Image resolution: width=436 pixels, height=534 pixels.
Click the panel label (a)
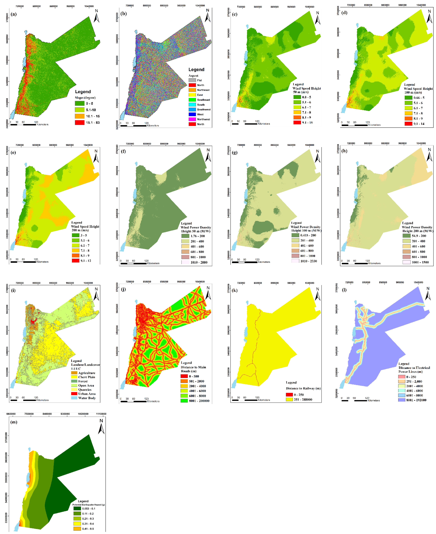pyautogui.click(x=14, y=14)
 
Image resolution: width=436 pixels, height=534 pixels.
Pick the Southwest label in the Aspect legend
pyautogui.click(x=204, y=109)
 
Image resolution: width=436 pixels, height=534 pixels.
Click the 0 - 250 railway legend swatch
pyautogui.click(x=289, y=395)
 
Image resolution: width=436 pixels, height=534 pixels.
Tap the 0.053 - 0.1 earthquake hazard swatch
pyautogui.click(x=77, y=508)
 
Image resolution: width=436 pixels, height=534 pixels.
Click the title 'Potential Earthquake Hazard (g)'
pyautogui.click(x=88, y=505)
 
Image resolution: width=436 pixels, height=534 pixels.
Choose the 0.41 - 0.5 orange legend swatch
pyautogui.click(x=77, y=529)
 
